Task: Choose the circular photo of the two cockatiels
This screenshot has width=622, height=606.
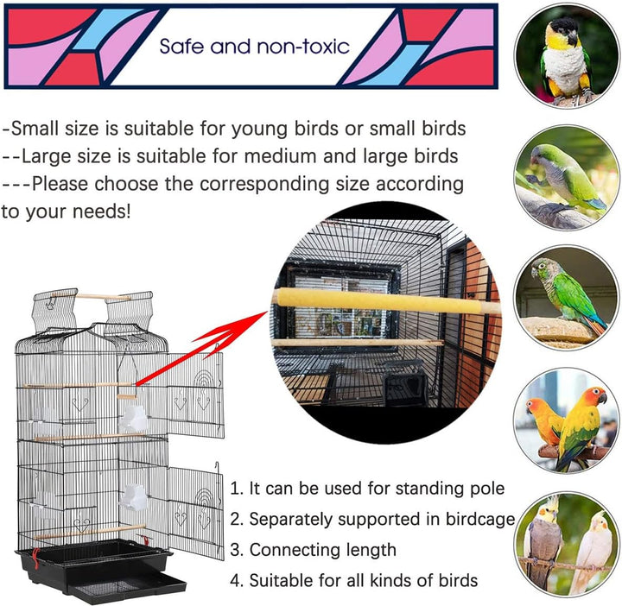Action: coord(566,544)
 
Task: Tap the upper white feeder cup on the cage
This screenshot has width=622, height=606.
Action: coord(133,420)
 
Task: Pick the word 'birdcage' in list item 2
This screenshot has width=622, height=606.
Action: coord(479,519)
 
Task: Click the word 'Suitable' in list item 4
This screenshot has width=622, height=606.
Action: coord(284,580)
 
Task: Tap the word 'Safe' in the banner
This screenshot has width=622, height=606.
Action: coord(181,45)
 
